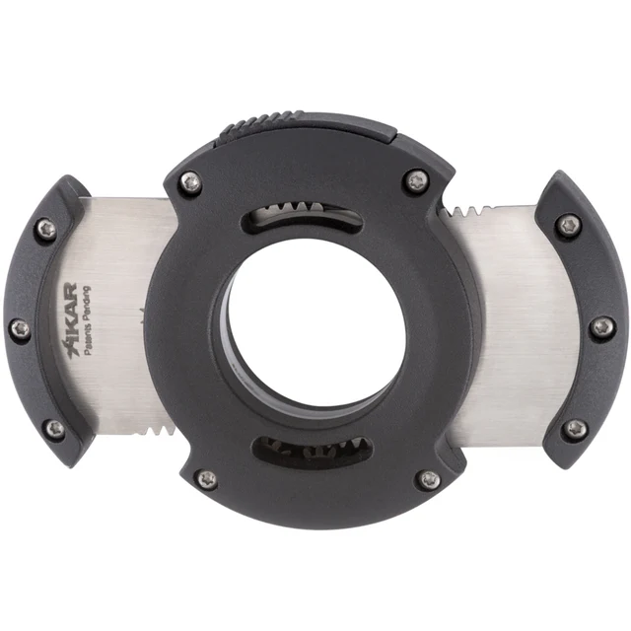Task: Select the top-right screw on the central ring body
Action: coord(418,179)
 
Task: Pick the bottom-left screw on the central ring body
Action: coord(206,479)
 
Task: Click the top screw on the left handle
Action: coord(44,230)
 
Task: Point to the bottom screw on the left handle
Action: coord(55,429)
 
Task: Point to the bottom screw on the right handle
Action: coord(575,428)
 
